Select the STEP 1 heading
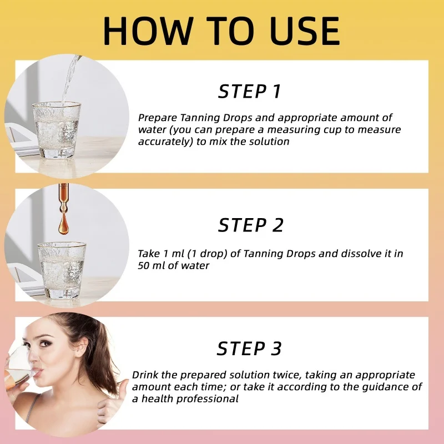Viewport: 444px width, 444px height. coord(250,92)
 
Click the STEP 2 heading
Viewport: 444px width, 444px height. coord(251,225)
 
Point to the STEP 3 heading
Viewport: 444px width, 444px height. coord(250,349)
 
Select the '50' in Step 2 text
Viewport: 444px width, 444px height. coord(144,265)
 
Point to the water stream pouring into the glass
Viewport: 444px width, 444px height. coord(70,78)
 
